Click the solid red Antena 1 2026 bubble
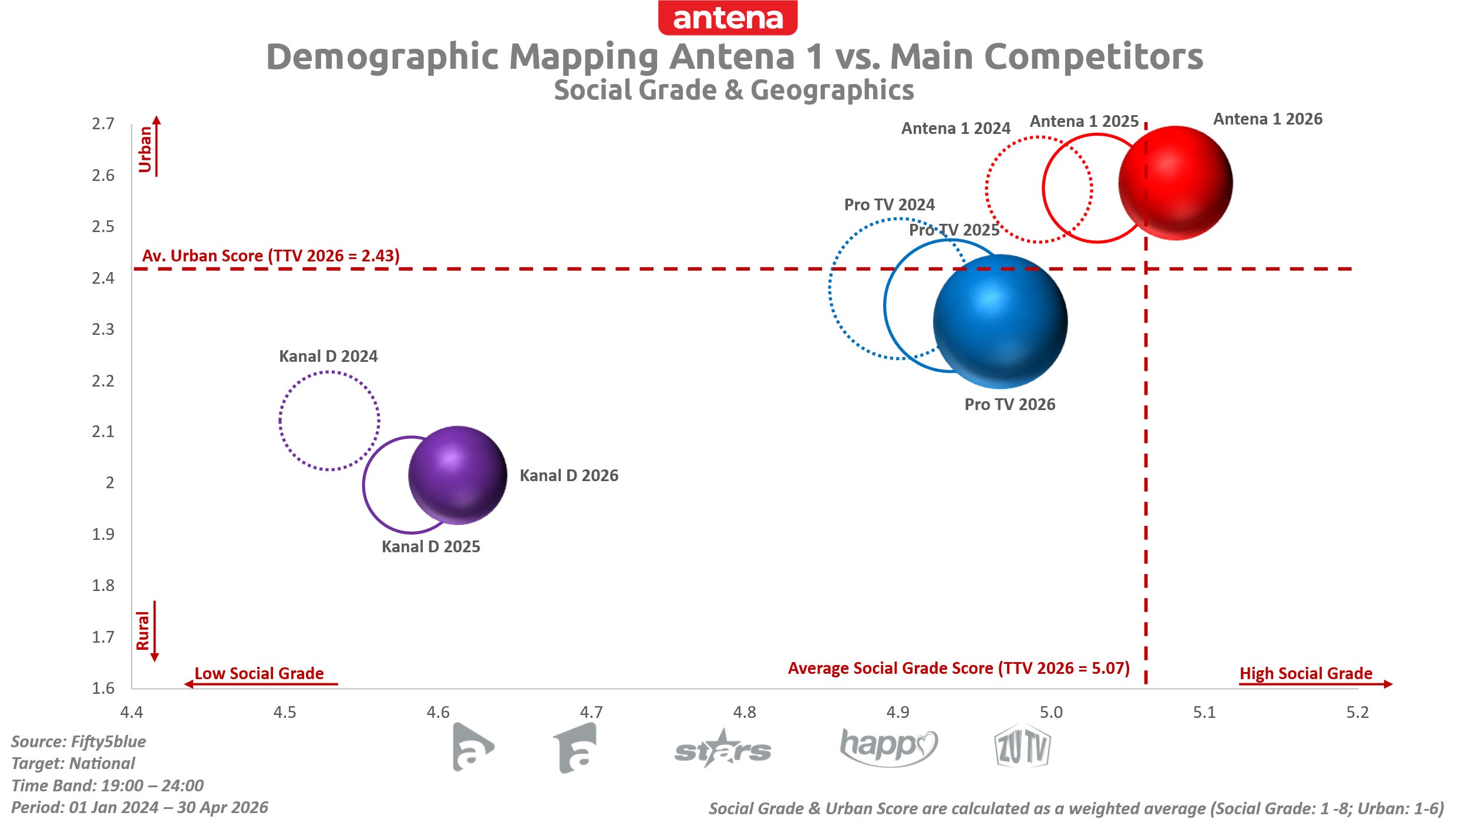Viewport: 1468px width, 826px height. coord(1175,183)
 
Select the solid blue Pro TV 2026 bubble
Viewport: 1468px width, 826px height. coord(1000,321)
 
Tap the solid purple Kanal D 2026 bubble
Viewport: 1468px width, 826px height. coord(457,475)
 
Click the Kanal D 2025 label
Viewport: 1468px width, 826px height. coord(431,547)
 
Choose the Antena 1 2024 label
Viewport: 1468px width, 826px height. coord(956,129)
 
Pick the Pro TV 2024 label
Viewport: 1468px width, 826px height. coord(889,205)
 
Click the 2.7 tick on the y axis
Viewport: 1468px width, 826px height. coord(103,124)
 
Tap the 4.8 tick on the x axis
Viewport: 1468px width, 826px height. coord(745,713)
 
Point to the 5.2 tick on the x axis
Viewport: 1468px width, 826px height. coord(1358,713)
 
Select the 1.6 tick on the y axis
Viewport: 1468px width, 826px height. coord(103,688)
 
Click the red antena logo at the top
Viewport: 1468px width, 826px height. coord(728,18)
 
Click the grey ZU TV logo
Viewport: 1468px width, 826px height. coord(1022,747)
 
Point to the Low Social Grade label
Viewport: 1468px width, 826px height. coord(259,673)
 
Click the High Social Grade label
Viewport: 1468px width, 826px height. coord(1306,673)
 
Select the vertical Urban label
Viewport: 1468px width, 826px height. coord(144,150)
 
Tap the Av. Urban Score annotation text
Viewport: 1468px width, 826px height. coord(271,256)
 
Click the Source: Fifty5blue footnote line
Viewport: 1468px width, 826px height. coord(79,741)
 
